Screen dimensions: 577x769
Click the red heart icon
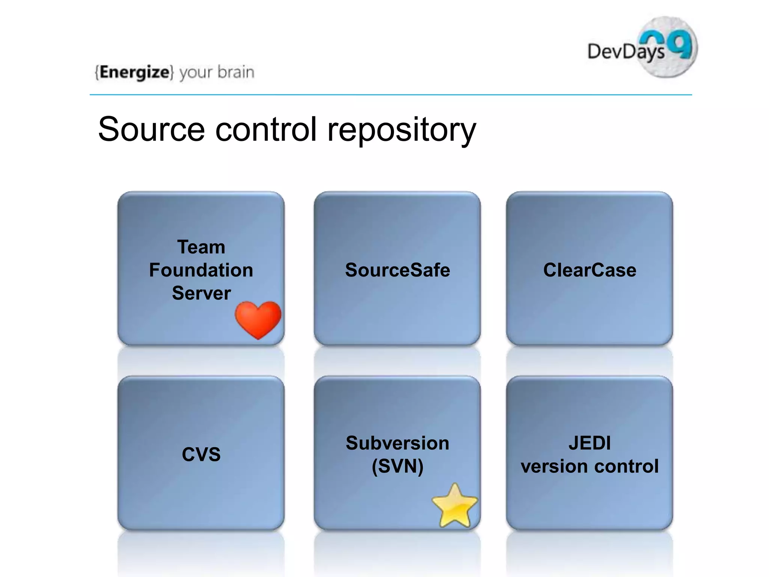pos(258,319)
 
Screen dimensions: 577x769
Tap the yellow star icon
pos(455,507)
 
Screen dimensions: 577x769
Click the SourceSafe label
pos(397,270)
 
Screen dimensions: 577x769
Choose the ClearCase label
pos(590,270)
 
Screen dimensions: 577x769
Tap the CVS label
pos(201,454)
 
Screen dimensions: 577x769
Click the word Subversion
pos(397,443)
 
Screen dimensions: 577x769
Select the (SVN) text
pos(397,466)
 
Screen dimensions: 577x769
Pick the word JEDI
pos(590,443)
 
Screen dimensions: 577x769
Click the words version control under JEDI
pos(590,466)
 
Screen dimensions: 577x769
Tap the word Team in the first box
pos(201,247)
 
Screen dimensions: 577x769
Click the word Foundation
pos(201,270)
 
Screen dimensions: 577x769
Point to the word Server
pos(201,293)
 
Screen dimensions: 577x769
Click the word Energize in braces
pos(134,72)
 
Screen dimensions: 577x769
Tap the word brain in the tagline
pos(236,72)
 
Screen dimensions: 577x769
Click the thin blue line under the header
pos(391,95)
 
